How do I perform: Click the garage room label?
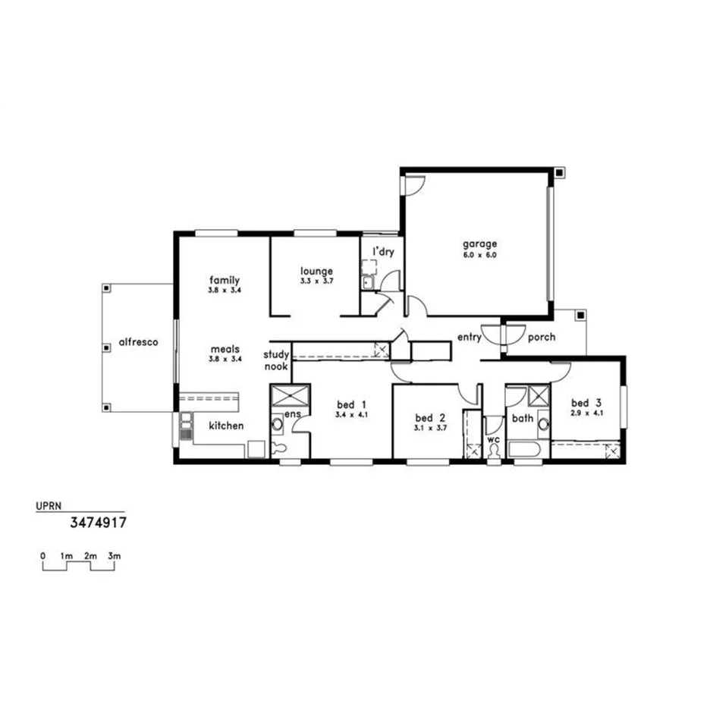(x=480, y=244)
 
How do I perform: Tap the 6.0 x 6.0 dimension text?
(x=480, y=255)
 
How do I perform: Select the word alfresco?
(x=138, y=342)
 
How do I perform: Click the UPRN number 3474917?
(x=98, y=523)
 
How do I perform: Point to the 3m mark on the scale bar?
(x=115, y=556)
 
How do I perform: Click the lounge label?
(x=316, y=270)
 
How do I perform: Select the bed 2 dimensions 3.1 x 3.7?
(x=429, y=429)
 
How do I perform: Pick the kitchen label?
(x=226, y=426)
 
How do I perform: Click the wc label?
(x=494, y=439)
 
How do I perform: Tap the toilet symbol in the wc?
(x=495, y=452)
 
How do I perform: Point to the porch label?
(x=541, y=337)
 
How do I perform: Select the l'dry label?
(x=382, y=251)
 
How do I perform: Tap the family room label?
(x=224, y=280)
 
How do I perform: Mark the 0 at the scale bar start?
(x=43, y=556)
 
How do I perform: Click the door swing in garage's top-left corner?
(x=414, y=184)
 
